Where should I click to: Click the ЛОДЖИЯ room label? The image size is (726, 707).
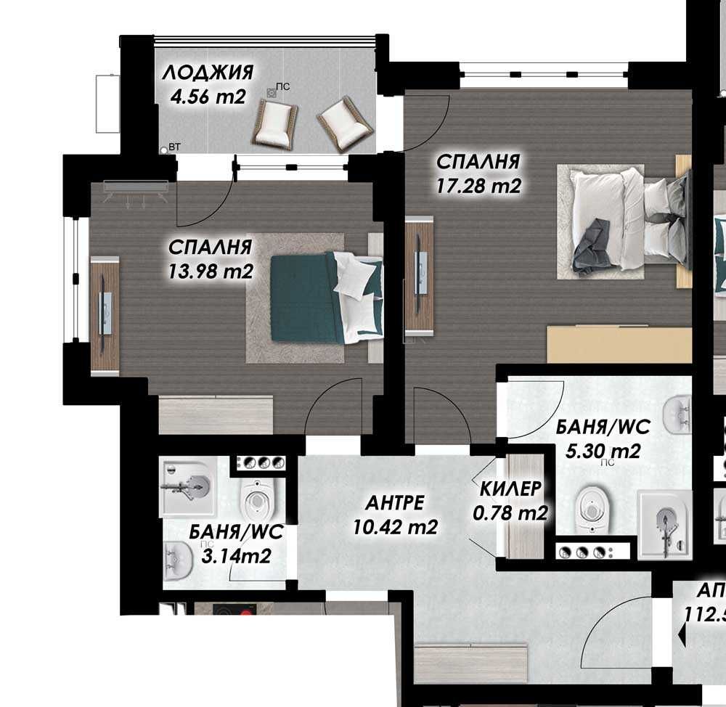click(208, 73)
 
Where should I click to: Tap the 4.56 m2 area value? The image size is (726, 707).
click(208, 97)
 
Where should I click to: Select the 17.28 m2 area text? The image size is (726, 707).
click(478, 186)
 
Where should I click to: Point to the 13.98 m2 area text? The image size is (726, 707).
click(210, 271)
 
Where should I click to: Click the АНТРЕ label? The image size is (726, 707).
click(394, 503)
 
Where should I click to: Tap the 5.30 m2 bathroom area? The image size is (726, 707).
click(602, 451)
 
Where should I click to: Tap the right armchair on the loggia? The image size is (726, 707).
click(345, 123)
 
